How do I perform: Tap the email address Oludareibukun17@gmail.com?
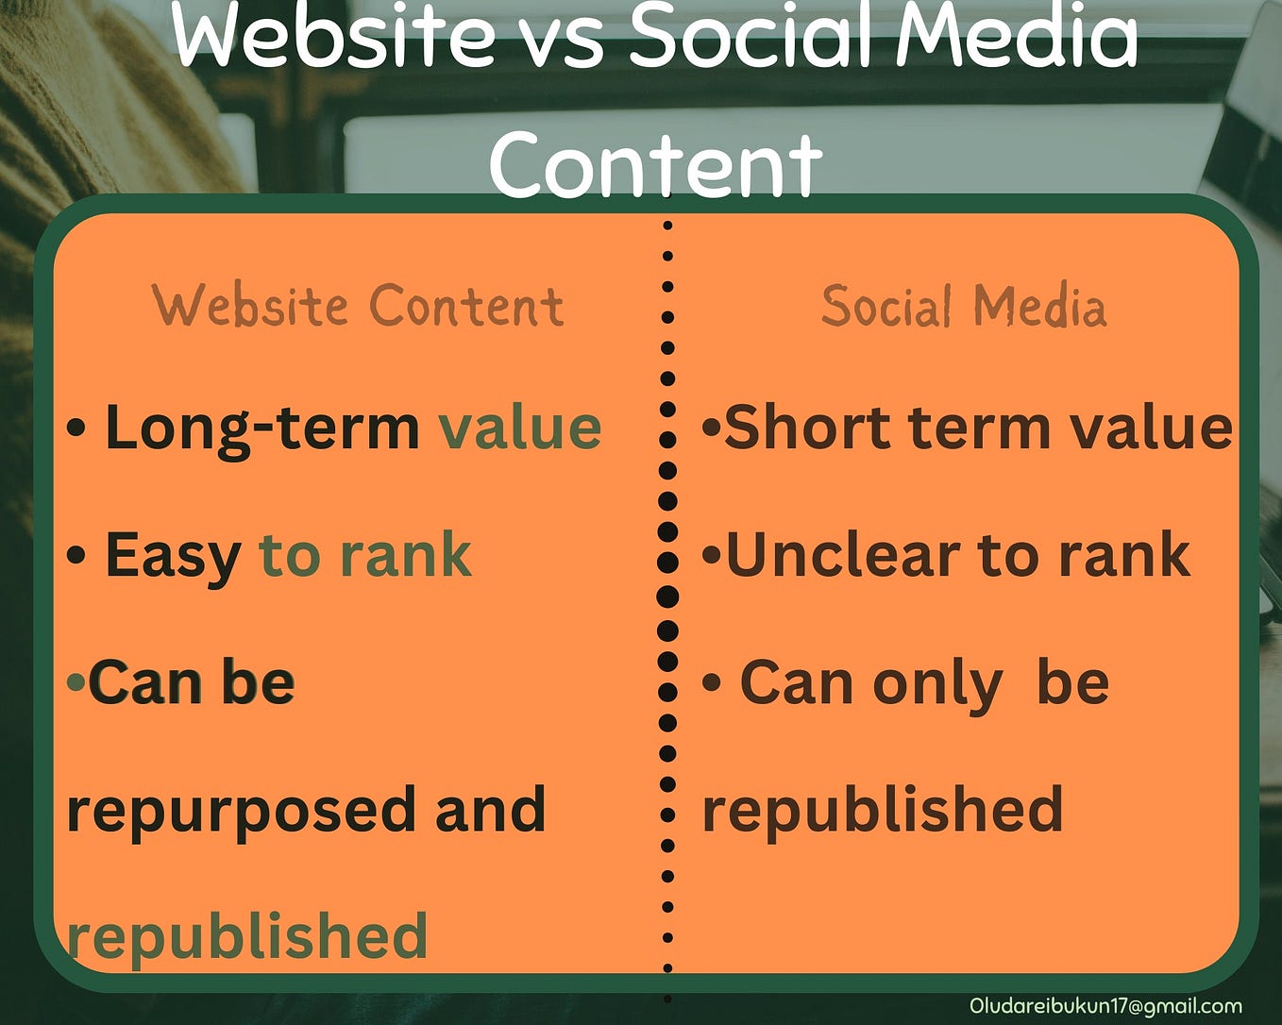pos(1105,1006)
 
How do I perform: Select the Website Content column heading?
pos(358,306)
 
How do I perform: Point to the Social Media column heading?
pos(963,307)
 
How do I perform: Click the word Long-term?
pos(261,428)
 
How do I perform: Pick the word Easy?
pos(173,555)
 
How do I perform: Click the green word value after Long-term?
pos(520,428)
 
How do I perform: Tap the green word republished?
pos(247,936)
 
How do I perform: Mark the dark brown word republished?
pos(883,810)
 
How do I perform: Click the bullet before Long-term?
pos(77,428)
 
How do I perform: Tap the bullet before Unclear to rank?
pos(711,555)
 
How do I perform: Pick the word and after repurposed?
pos(490,810)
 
